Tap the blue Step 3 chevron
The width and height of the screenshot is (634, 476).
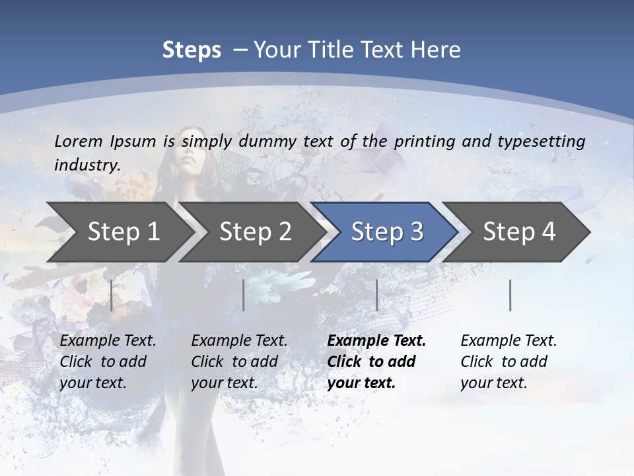[386, 232]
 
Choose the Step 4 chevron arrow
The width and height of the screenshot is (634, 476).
[518, 232]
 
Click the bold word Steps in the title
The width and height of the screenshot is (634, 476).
[192, 50]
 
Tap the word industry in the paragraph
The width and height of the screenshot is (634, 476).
[87, 165]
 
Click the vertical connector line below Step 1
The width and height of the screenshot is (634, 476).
[112, 295]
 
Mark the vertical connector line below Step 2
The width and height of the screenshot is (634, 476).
[244, 295]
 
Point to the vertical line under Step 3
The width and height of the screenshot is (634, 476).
[376, 295]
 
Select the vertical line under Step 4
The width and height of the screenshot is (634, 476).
[510, 295]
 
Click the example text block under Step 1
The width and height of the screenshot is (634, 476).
[108, 362]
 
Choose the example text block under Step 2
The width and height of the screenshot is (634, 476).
[239, 362]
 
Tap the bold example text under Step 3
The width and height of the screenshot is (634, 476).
[376, 362]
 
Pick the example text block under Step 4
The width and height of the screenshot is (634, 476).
[509, 362]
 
